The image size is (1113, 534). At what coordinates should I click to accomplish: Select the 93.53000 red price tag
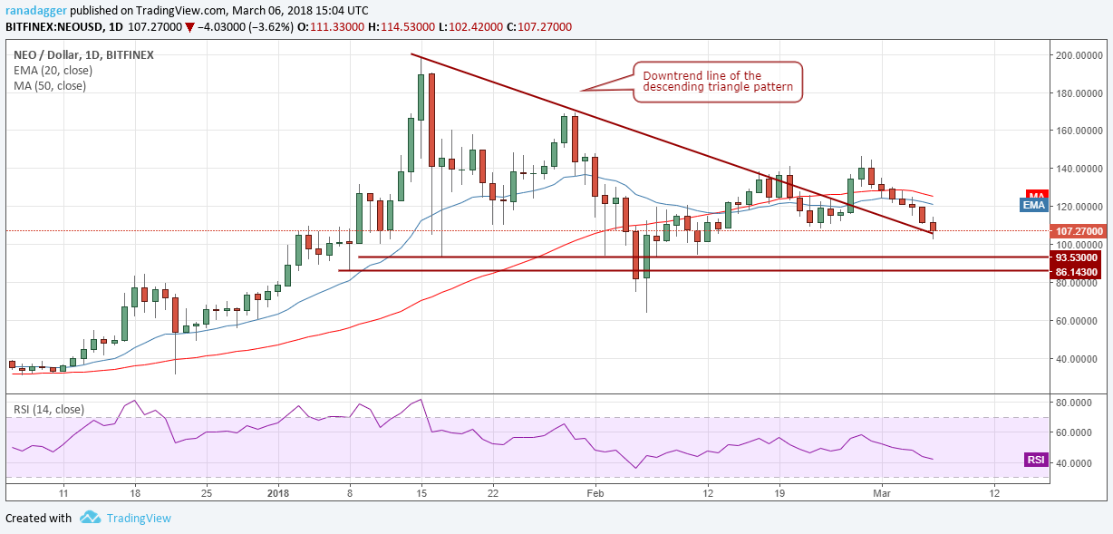1076,257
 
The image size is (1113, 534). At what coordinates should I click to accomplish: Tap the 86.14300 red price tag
1076,272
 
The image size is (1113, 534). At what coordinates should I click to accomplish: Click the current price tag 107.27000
1076,231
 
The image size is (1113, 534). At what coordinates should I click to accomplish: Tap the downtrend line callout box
717,82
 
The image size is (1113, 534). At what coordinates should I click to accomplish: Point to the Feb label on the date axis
595,493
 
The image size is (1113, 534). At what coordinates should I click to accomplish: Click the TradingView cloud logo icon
90,518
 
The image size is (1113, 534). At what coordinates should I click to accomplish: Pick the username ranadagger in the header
34,9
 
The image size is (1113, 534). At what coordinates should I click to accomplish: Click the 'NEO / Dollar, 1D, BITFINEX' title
83,55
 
